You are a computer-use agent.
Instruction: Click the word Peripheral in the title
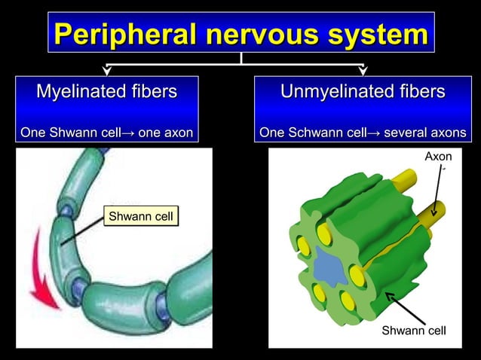pyautogui.click(x=124, y=35)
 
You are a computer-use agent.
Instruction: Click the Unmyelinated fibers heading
pyautogui.click(x=363, y=92)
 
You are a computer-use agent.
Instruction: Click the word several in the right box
pyautogui.click(x=409, y=133)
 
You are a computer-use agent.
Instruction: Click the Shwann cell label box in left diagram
pyautogui.click(x=141, y=218)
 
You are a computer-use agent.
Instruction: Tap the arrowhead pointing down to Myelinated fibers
pyautogui.click(x=106, y=71)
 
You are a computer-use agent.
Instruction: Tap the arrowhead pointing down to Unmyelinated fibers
pyautogui.click(x=363, y=71)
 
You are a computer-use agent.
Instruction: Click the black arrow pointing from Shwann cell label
pyautogui.click(x=403, y=307)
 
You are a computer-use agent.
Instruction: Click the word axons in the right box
pyautogui.click(x=445, y=133)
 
